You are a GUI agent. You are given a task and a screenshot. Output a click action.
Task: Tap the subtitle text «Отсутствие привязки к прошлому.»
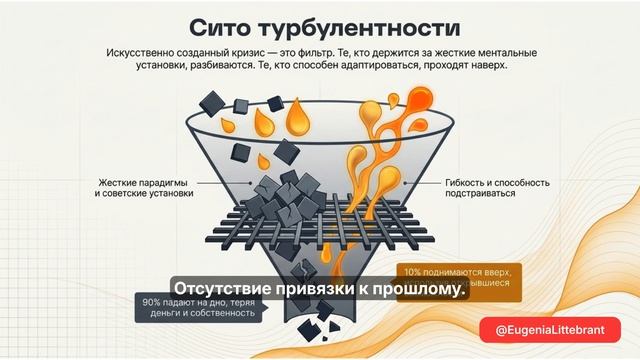point(321,288)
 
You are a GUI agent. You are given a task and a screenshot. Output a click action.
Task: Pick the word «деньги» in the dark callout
point(162,315)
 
